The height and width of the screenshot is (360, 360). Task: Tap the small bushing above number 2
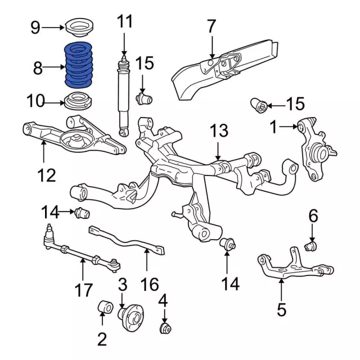[x=106, y=308]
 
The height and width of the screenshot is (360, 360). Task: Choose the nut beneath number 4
[x=165, y=327]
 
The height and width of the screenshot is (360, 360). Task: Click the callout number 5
[x=281, y=309]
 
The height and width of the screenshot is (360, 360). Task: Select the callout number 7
[x=211, y=26]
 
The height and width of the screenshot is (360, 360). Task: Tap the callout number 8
[x=38, y=69]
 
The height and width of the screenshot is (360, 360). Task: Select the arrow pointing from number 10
[x=54, y=102]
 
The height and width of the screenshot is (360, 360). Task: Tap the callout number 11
[x=125, y=22]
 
